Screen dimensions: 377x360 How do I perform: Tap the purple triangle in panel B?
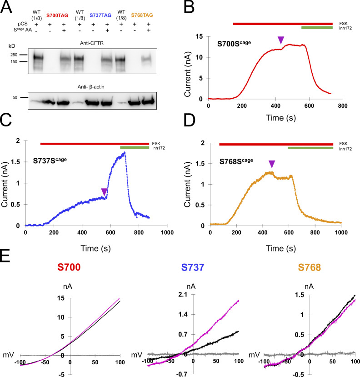[x=281, y=40]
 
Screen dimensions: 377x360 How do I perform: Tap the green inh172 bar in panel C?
[x=135, y=147]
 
